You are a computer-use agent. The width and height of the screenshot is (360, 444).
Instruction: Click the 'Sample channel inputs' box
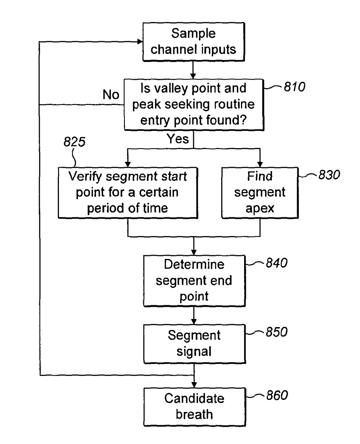tap(193, 42)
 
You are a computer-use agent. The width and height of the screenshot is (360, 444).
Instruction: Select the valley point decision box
tap(194, 104)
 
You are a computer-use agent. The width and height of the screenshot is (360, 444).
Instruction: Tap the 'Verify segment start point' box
tap(128, 193)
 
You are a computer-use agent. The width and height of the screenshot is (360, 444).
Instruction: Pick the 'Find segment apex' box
tap(260, 193)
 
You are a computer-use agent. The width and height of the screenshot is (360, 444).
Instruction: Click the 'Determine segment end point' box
tap(194, 281)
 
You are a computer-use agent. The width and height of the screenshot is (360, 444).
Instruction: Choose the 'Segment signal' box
tap(194, 344)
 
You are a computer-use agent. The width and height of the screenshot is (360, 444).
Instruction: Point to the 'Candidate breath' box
tap(194, 407)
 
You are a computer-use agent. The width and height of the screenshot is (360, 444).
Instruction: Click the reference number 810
tap(294, 87)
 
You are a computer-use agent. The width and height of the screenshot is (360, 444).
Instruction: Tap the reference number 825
tap(74, 142)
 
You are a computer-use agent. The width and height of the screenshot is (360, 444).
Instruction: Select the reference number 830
tap(329, 175)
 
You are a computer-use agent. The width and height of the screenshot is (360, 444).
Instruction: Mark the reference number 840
tap(277, 263)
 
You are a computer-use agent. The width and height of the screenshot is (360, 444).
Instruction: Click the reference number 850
tap(277, 332)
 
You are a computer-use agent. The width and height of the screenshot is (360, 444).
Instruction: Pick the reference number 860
tap(277, 395)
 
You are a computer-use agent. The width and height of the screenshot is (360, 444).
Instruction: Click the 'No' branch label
tap(111, 95)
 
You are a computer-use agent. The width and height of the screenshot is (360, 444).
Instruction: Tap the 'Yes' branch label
tap(178, 139)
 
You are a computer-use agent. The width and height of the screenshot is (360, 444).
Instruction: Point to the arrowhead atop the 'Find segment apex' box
tap(260, 164)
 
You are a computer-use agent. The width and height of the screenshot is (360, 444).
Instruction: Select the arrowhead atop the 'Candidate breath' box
tap(194, 385)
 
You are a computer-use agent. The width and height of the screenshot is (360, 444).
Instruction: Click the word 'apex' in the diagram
tap(260, 208)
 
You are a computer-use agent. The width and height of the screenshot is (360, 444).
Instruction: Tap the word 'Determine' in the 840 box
tap(194, 264)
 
